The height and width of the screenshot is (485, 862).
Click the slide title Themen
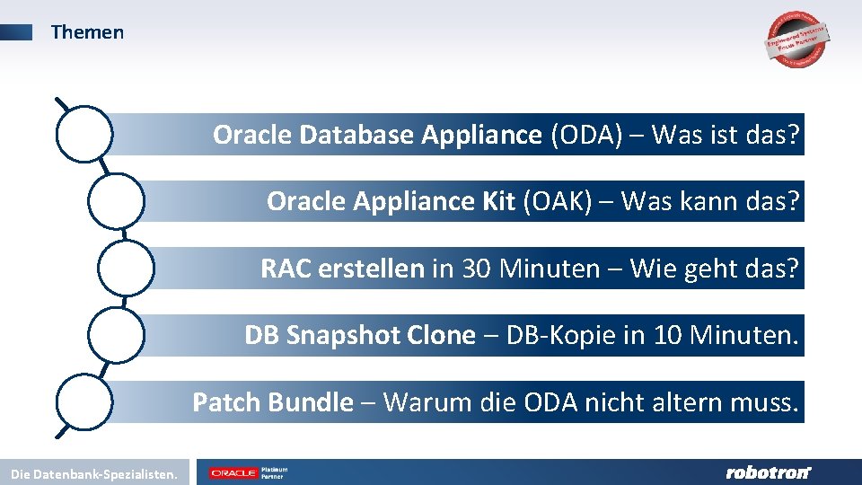87,32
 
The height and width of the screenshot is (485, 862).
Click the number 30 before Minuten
477,269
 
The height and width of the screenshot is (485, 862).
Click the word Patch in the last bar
225,402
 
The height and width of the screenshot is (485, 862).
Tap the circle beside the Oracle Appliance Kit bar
116,201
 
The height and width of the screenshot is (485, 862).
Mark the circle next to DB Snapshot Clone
116,334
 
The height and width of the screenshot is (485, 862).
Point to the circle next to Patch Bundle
84,401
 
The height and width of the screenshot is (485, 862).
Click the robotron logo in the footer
767,472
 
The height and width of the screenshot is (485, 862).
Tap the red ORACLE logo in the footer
233,472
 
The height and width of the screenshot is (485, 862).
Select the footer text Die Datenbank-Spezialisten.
94,472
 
